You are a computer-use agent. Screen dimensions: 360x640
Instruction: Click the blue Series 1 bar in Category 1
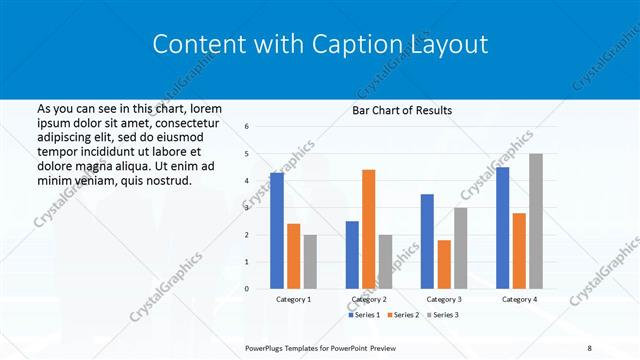click(x=277, y=231)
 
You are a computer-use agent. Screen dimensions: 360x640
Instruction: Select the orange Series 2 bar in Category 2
click(x=368, y=229)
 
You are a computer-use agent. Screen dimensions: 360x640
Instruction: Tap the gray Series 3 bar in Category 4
click(x=536, y=221)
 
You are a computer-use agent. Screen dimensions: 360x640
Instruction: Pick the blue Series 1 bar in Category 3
click(x=427, y=241)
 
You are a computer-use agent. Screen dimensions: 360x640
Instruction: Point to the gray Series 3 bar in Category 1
click(x=310, y=262)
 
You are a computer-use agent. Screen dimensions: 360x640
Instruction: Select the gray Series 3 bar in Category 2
click(x=385, y=262)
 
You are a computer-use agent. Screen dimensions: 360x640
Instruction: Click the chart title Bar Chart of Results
click(x=402, y=110)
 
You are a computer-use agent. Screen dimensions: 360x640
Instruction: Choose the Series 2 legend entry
click(x=403, y=315)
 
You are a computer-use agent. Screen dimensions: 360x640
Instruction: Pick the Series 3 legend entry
click(x=441, y=315)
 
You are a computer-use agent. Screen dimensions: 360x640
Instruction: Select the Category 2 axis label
click(x=369, y=299)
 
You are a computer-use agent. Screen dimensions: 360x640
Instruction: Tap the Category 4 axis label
click(x=519, y=299)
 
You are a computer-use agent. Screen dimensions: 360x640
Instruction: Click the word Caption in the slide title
click(x=357, y=44)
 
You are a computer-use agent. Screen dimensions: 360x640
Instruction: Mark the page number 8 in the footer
click(x=589, y=348)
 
